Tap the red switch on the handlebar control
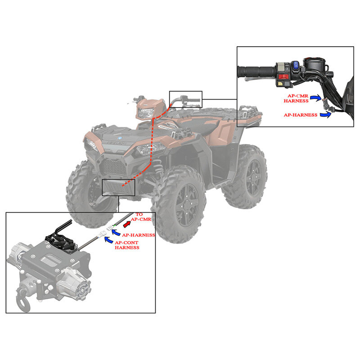coord(284,76)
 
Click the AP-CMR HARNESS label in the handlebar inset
coord(296,98)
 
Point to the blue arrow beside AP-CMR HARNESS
coord(316,98)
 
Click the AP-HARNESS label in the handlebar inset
coord(301,115)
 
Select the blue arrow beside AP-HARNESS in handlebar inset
coord(326,114)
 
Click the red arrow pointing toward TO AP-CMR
coord(127,224)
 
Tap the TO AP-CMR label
coord(141,217)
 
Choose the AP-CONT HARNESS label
coord(127,245)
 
